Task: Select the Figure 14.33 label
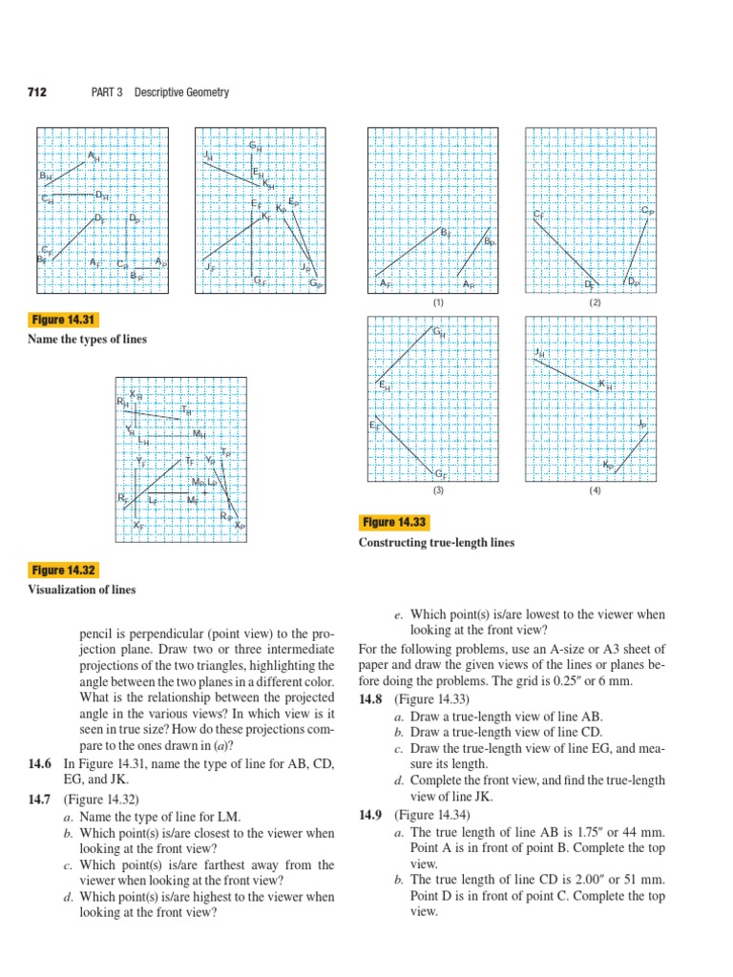tap(395, 522)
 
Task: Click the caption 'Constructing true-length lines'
tap(436, 542)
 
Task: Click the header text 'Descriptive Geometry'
tap(181, 92)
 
